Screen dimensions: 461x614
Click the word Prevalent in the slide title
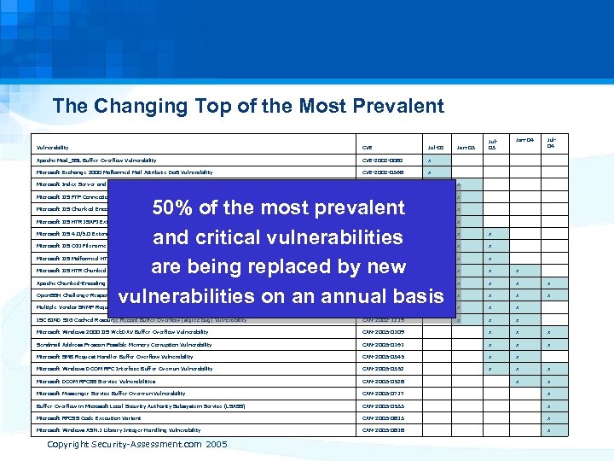point(396,107)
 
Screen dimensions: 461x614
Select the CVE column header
point(368,148)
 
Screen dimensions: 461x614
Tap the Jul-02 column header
point(435,148)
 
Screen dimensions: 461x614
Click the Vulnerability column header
point(52,148)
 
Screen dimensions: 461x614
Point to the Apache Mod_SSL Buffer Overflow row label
point(96,160)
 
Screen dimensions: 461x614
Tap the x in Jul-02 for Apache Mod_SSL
point(429,160)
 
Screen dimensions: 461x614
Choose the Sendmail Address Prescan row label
point(124,344)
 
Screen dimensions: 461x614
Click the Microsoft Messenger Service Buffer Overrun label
point(111,394)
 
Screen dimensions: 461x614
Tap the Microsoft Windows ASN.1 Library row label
point(119,430)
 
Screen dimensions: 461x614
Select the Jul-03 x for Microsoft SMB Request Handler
point(489,356)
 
